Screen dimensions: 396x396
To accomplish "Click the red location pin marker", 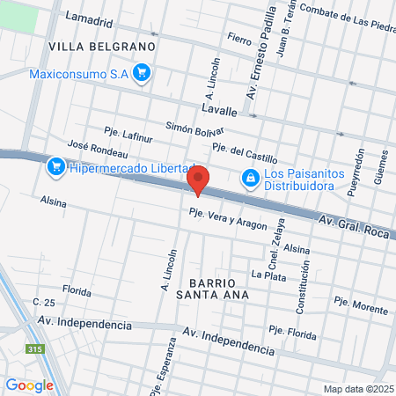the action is [198, 180].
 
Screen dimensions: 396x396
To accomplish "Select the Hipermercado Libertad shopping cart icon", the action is [55, 165].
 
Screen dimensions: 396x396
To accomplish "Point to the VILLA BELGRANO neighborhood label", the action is [102, 45].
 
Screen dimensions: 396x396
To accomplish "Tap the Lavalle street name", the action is [219, 111].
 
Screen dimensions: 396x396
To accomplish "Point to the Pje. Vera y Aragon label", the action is [227, 218].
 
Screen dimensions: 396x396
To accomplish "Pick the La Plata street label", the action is [268, 275].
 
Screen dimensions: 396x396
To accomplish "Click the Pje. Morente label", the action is [361, 305].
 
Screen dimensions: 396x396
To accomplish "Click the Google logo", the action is [29, 385].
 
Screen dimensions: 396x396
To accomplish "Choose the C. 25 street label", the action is [44, 302].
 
